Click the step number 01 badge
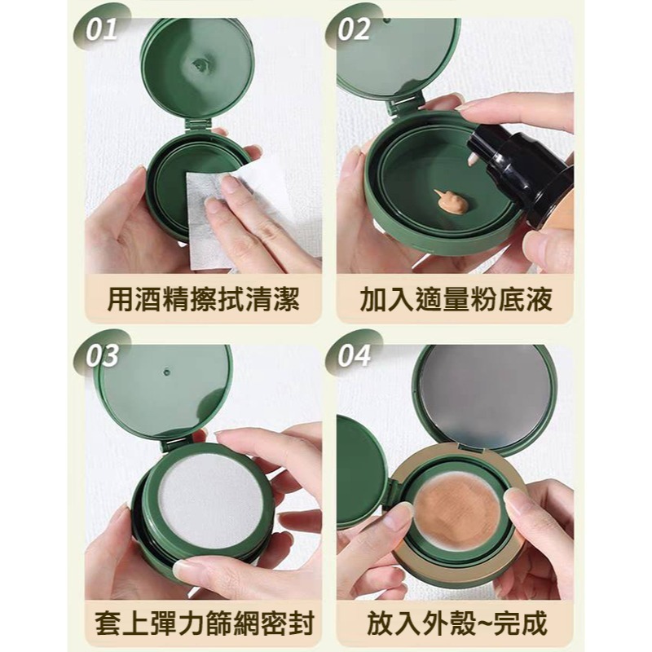pos(101,30)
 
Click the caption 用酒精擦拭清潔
pos(203,300)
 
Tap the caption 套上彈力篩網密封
pos(203,624)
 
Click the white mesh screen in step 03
pos(209,496)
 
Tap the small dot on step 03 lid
pos(166,372)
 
